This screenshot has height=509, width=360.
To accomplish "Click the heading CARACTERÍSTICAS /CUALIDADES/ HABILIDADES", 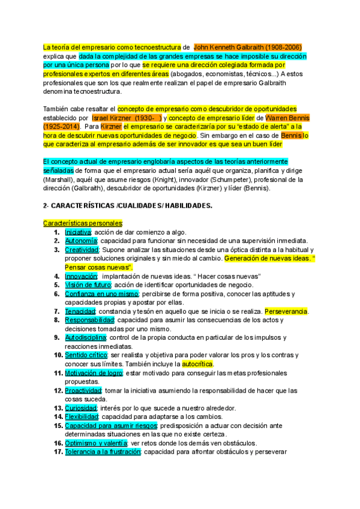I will pos(128,205).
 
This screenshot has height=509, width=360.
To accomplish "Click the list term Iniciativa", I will pos(77,232).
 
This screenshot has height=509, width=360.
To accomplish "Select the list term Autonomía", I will pos(80,241).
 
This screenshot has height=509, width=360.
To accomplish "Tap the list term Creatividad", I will pos(81,250).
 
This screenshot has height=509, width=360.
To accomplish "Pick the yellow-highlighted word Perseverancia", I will pos(287,312).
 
